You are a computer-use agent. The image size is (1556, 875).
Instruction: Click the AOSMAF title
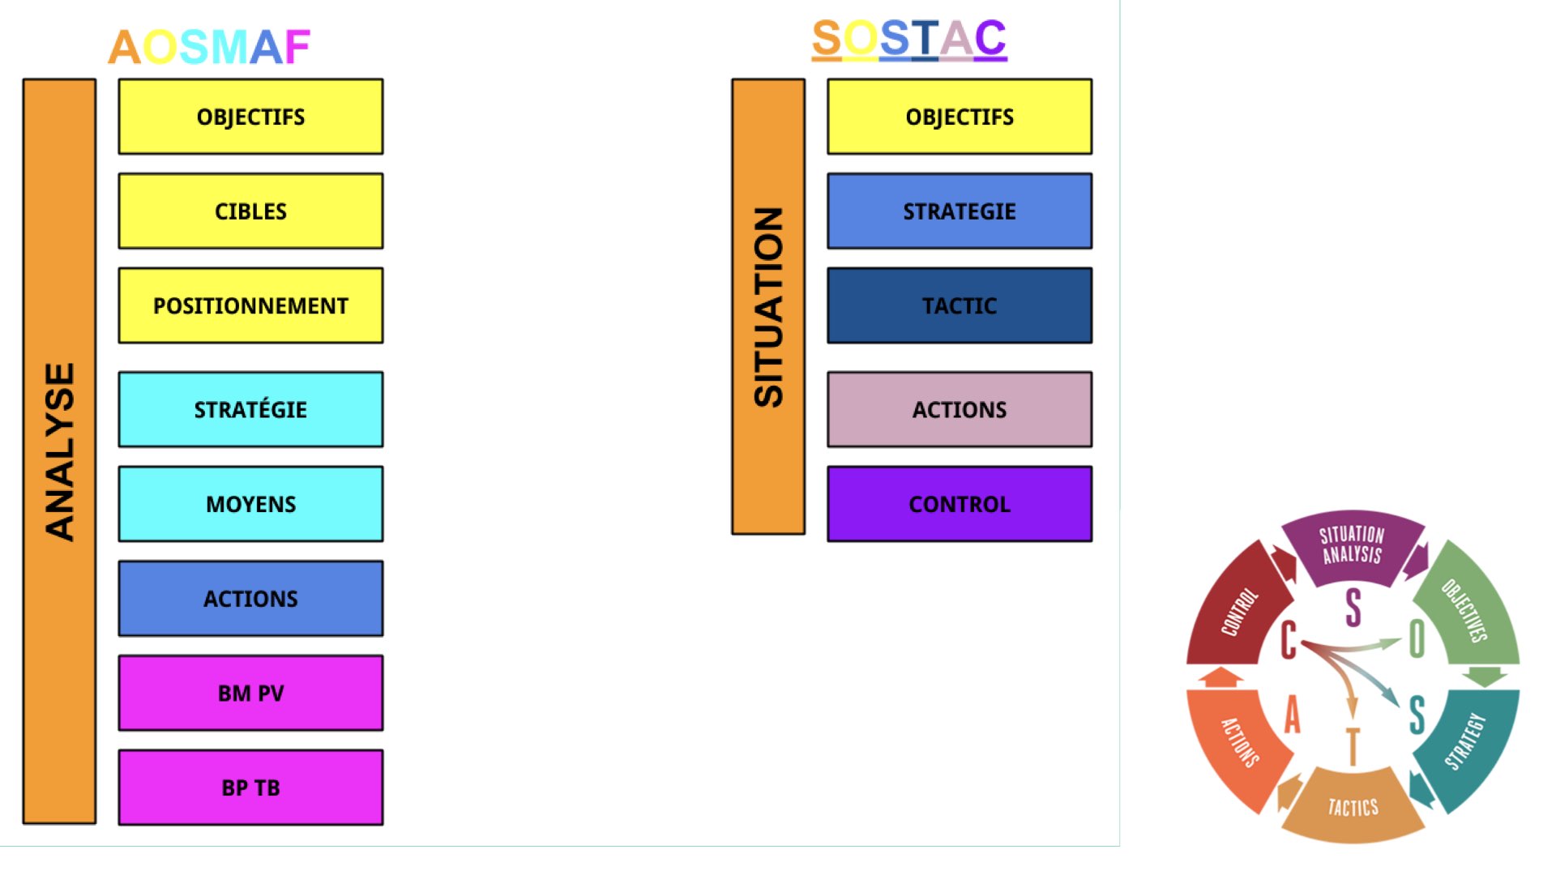[x=209, y=47]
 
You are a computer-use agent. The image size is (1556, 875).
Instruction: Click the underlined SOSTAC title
[x=909, y=39]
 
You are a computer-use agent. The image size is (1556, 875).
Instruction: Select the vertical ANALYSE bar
[x=59, y=451]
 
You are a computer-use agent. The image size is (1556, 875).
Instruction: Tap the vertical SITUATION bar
[x=768, y=306]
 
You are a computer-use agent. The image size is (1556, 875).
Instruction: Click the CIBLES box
[x=251, y=211]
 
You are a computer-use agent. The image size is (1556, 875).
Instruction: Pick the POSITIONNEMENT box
[x=251, y=305]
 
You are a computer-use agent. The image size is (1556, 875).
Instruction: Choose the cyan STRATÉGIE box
[x=251, y=409]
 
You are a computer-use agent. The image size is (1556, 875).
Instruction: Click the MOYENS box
[x=251, y=504]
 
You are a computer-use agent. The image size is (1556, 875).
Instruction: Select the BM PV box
[x=251, y=693]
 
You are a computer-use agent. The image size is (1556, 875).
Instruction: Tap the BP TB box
[x=251, y=787]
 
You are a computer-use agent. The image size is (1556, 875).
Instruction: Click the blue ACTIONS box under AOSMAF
[x=251, y=598]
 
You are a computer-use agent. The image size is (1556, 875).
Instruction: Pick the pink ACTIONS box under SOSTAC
[x=960, y=409]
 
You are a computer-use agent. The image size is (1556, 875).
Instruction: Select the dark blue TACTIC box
[x=960, y=305]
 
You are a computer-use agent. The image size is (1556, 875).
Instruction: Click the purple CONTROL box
[x=960, y=504]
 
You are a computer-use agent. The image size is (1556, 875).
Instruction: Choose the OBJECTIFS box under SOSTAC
[x=960, y=117]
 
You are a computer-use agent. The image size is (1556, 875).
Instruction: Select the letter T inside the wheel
[x=1352, y=746]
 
